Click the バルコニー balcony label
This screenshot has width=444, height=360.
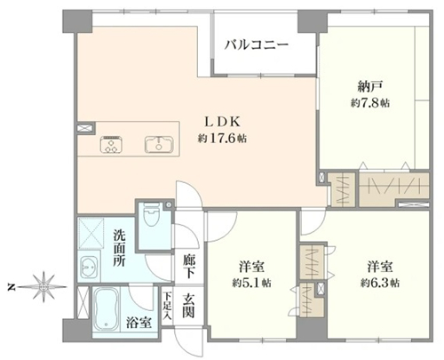pyautogui.click(x=256, y=45)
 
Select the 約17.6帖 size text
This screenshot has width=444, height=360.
pyautogui.click(x=222, y=139)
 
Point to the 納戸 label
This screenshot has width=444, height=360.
pyautogui.click(x=370, y=86)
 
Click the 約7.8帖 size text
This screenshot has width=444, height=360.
pyautogui.click(x=370, y=103)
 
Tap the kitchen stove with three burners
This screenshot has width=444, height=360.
pyautogui.click(x=112, y=144)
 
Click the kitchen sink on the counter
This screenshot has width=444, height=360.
pyautogui.click(x=159, y=144)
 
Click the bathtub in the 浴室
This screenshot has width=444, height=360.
pyautogui.click(x=107, y=309)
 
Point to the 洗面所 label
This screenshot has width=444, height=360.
pyautogui.click(x=119, y=248)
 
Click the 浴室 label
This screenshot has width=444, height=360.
pyautogui.click(x=139, y=323)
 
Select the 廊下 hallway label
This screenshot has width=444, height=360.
pyautogui.click(x=188, y=266)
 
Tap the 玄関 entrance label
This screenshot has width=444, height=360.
pyautogui.click(x=188, y=306)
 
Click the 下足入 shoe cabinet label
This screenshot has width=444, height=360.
pyautogui.click(x=168, y=306)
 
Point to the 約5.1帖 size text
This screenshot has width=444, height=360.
pyautogui.click(x=251, y=284)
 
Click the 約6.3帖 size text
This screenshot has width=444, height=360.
pyautogui.click(x=380, y=284)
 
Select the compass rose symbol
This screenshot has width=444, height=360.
pyautogui.click(x=44, y=287)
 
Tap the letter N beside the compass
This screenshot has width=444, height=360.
pyautogui.click(x=12, y=287)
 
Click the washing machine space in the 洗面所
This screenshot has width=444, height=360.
pyautogui.click(x=91, y=233)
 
